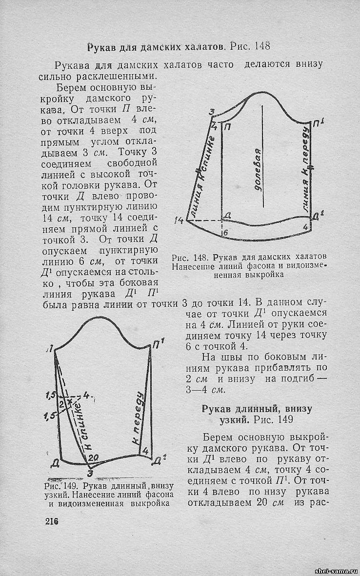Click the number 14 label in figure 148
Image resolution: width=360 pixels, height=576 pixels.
[179, 220]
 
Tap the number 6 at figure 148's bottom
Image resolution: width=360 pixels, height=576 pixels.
[225, 233]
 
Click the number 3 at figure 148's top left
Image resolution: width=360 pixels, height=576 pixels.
[212, 113]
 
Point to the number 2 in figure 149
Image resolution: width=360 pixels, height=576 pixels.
[62, 403]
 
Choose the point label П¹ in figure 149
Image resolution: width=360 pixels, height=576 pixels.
[158, 344]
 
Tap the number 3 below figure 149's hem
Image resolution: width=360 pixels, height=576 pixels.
[89, 473]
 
